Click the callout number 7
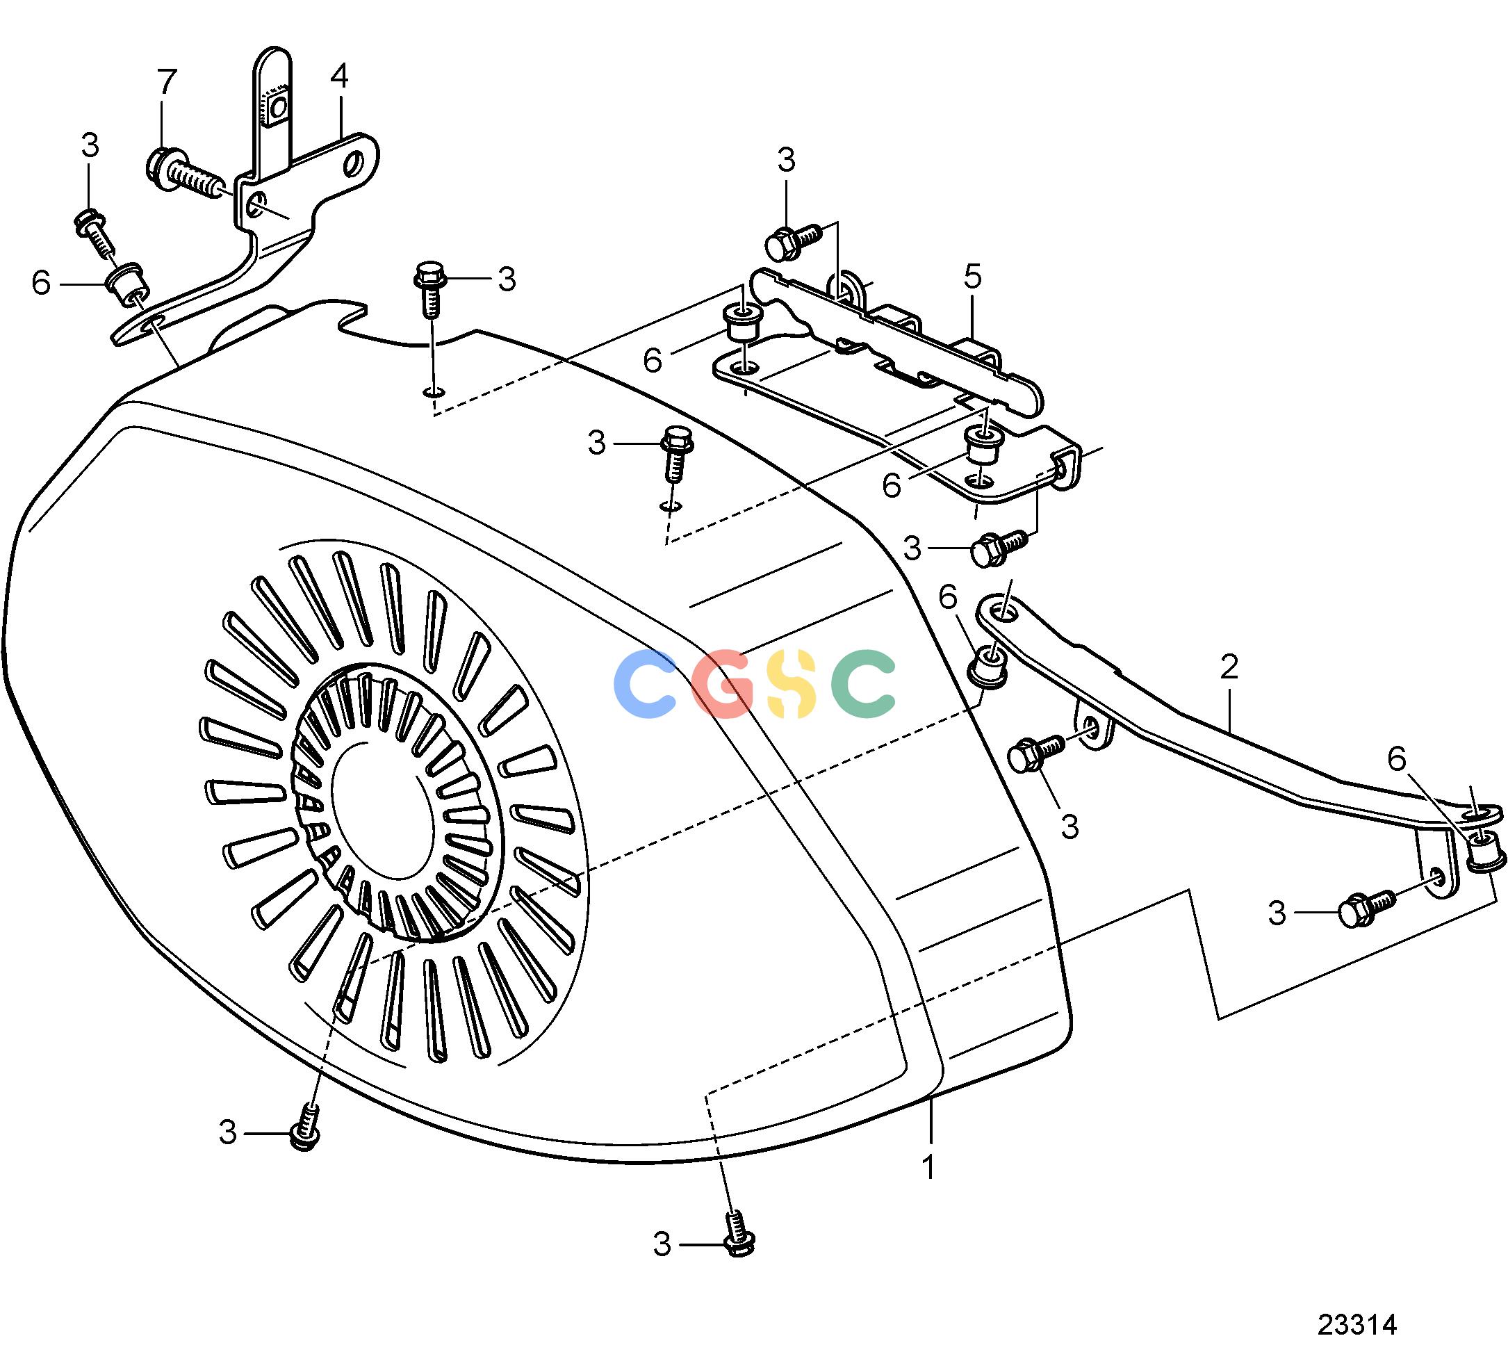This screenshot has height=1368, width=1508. [167, 82]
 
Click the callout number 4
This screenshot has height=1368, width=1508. [340, 76]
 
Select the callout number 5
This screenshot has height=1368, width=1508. [972, 277]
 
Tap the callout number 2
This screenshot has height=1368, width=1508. [1229, 666]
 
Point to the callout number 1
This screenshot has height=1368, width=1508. [929, 1167]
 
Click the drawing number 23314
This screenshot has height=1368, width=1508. [1357, 1325]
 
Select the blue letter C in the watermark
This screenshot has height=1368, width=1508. [645, 684]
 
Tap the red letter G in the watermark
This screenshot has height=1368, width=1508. [723, 684]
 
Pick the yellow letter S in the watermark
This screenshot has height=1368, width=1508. [794, 684]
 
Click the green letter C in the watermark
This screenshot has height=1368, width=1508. [863, 684]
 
